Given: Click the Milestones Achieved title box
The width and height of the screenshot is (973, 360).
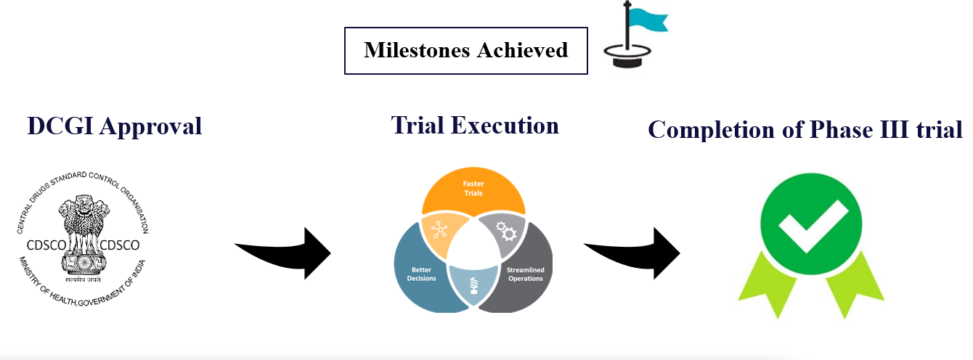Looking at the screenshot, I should [x=465, y=51].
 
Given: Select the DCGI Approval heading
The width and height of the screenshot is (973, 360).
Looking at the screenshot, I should [x=115, y=126].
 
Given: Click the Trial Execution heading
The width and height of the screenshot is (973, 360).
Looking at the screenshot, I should [x=475, y=126].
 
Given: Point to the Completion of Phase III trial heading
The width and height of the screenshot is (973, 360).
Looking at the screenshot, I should [x=805, y=130].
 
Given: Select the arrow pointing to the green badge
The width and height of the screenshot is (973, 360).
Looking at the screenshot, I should [x=635, y=252].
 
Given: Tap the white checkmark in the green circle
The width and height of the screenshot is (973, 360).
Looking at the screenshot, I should [x=812, y=222].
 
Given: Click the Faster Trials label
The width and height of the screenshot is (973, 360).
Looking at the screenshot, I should [x=473, y=189].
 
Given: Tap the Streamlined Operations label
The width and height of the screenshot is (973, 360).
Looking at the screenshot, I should [x=525, y=274].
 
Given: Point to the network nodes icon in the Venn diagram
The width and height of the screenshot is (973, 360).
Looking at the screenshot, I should [x=439, y=229].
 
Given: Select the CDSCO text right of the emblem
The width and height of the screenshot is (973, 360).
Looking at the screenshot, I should [x=118, y=245].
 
